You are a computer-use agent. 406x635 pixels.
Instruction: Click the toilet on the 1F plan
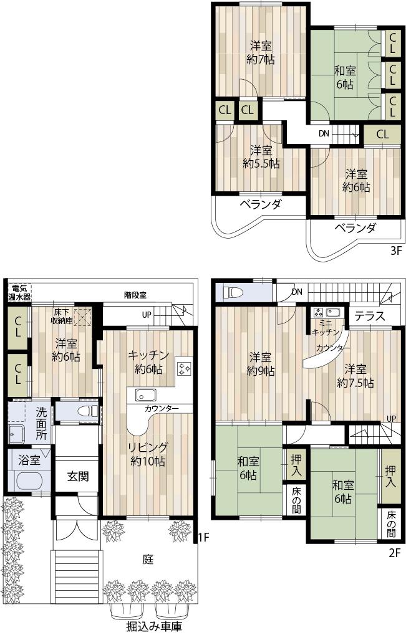89,411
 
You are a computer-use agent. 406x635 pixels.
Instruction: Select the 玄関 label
77,477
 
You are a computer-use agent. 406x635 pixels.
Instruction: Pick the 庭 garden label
148,559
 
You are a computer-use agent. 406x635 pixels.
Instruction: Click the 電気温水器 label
19,292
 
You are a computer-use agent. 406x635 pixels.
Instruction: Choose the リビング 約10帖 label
147,454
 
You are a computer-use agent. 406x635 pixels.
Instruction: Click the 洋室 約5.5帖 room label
261,157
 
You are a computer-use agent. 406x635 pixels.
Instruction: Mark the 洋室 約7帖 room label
261,52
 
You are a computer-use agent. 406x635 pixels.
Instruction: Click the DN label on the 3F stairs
324,133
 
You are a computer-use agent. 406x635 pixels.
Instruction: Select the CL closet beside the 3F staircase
382,134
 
